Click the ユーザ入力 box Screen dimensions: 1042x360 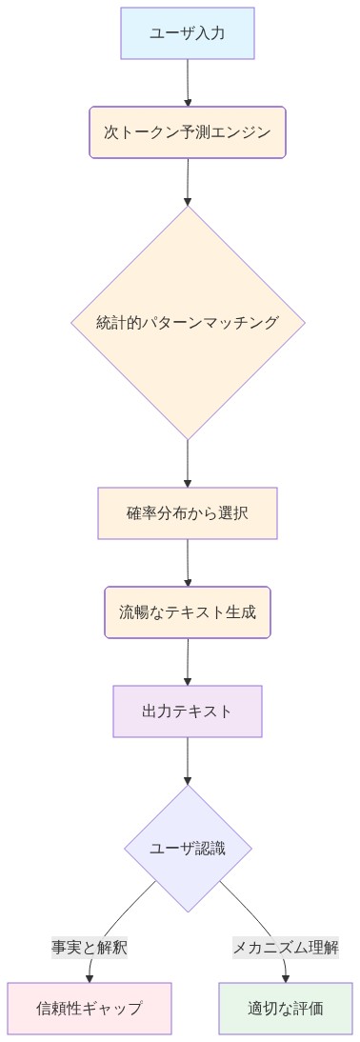click(188, 33)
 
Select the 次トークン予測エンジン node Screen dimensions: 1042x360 click(188, 131)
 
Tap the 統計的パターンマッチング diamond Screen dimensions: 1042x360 click(188, 323)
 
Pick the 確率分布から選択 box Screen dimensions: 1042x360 click(188, 513)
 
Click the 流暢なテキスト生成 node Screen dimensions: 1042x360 click(188, 611)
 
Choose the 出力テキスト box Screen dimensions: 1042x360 click(188, 711)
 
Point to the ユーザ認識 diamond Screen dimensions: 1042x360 click(188, 849)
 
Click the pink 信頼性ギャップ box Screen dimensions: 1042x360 click(90, 1008)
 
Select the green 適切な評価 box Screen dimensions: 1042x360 click(286, 1008)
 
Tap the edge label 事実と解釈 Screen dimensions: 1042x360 click(90, 947)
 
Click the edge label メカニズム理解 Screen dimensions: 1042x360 click(286, 947)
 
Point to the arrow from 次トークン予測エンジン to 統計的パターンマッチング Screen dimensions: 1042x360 click(188, 181)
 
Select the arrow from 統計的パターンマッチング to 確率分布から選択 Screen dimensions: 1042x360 click(188, 464)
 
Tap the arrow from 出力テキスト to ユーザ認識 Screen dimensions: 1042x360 click(188, 760)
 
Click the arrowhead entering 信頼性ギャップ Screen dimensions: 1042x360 click(90, 977)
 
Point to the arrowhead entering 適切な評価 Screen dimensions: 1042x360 click(286, 977)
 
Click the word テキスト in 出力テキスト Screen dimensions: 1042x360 click(202, 711)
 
